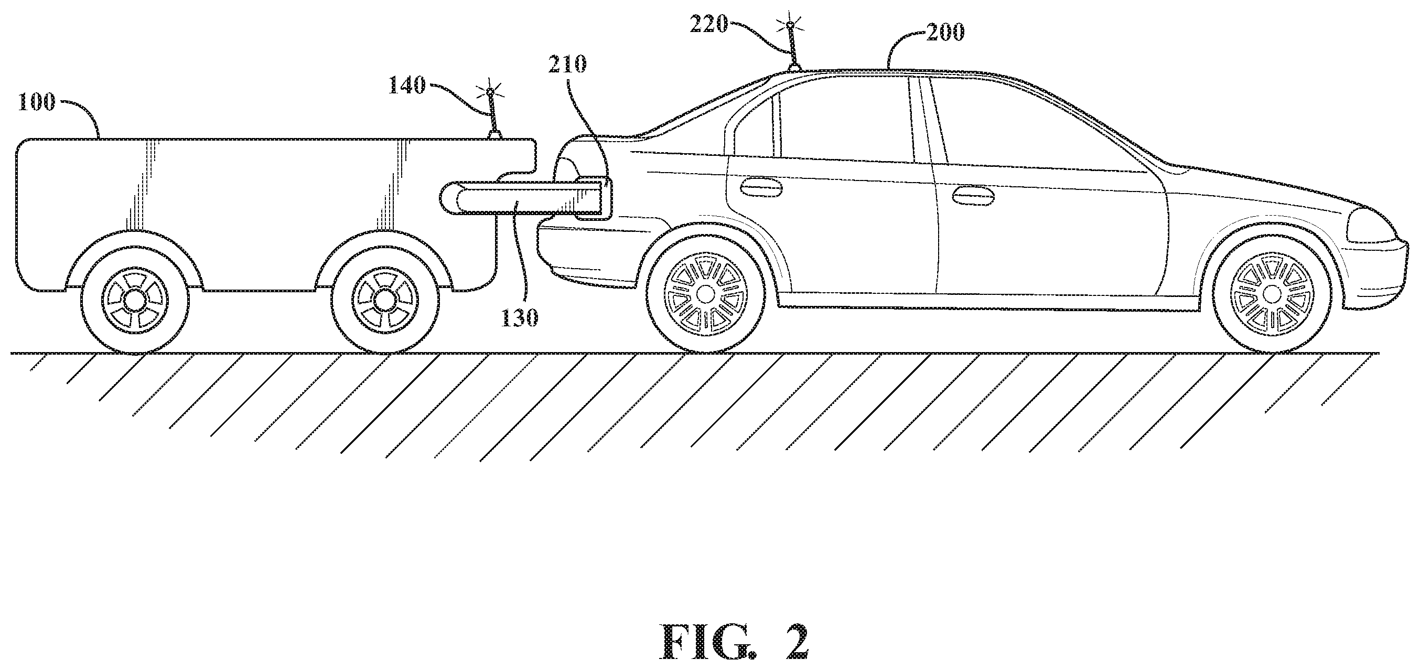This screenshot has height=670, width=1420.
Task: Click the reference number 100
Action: [x=36, y=102]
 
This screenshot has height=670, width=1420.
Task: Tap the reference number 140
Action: [x=407, y=86]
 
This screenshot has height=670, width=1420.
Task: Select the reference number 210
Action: [x=567, y=65]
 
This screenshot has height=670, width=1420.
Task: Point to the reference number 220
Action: [x=709, y=25]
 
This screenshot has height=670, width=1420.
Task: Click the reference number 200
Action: [x=945, y=33]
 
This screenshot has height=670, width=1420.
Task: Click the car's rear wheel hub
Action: [x=705, y=294]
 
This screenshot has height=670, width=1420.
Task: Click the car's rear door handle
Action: [x=761, y=190]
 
